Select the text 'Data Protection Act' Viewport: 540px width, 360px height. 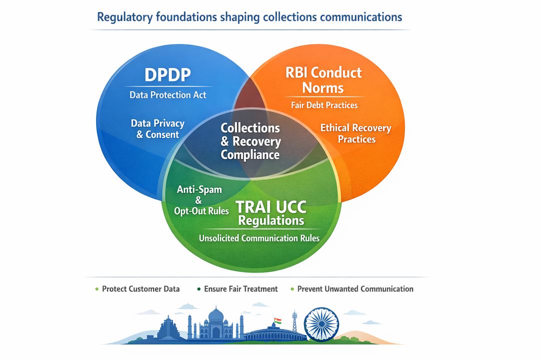(x=167, y=94)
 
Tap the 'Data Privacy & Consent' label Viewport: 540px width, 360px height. (x=157, y=128)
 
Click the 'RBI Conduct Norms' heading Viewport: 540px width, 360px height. (x=323, y=80)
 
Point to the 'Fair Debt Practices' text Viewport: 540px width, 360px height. (x=324, y=105)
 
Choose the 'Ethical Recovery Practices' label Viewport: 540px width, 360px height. (x=355, y=133)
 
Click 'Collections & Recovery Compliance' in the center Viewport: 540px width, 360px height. (x=250, y=141)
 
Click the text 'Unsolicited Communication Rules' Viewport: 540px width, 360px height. (x=259, y=238)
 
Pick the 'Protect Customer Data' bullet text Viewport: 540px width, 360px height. (x=140, y=288)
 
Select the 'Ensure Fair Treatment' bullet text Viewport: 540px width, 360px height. (x=240, y=288)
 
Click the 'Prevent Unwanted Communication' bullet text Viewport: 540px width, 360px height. (x=355, y=288)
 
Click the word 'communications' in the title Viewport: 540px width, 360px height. (x=360, y=17)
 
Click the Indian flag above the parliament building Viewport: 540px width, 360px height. (x=277, y=320)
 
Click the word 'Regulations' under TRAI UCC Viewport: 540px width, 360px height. (x=271, y=220)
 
